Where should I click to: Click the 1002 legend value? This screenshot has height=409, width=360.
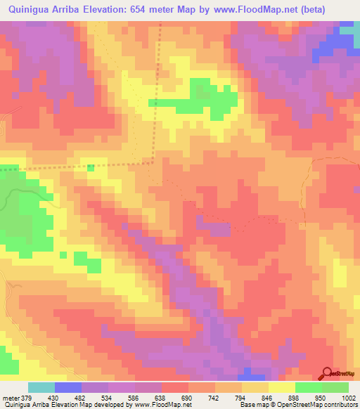[349, 397]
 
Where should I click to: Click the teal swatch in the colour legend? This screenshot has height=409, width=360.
[41, 387]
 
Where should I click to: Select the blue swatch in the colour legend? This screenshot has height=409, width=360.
[68, 387]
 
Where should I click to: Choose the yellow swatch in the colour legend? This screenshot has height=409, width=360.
[282, 387]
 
